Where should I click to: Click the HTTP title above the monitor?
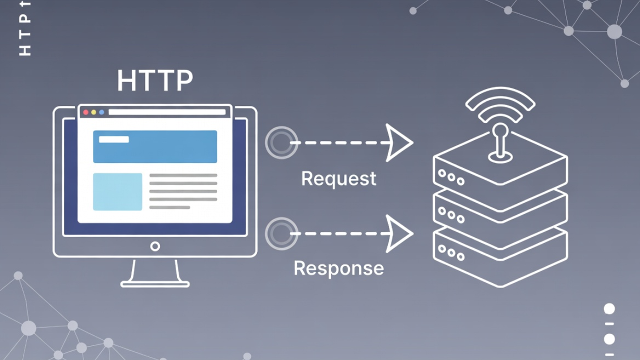click(x=154, y=81)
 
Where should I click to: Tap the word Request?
click(x=338, y=178)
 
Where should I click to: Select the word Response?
click(x=338, y=268)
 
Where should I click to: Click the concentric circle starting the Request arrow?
click(x=281, y=143)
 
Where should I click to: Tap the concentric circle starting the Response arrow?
click(x=281, y=233)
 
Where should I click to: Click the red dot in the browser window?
click(x=85, y=112)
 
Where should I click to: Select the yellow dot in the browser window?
click(x=93, y=112)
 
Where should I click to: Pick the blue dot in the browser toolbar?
click(x=101, y=112)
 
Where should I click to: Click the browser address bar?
click(x=167, y=112)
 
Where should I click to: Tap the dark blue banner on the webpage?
click(x=155, y=146)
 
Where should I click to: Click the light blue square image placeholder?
click(x=117, y=191)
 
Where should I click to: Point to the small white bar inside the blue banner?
click(x=114, y=139)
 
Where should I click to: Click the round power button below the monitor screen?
click(x=155, y=246)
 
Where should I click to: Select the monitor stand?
click(x=155, y=274)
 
